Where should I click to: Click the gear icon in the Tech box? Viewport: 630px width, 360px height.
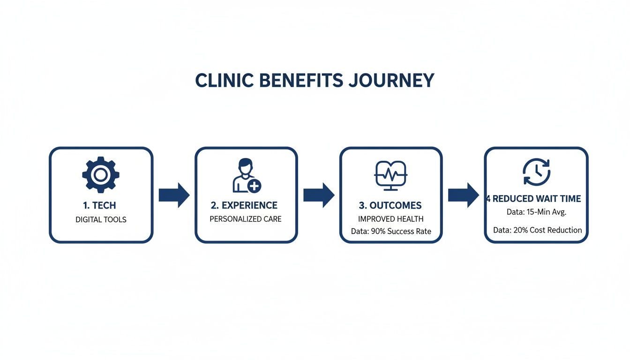101,175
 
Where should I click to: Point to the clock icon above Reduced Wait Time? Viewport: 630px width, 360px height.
536,172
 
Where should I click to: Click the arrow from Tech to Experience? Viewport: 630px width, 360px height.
174,195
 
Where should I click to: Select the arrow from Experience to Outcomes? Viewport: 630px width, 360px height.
319,195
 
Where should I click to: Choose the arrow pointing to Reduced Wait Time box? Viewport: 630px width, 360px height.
464,195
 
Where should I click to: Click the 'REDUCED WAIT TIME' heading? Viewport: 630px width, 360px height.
537,199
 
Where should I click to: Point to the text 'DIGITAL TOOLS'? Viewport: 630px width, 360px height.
101,219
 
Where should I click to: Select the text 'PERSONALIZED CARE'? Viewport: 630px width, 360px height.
246,219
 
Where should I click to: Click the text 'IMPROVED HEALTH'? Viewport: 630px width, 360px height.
391,219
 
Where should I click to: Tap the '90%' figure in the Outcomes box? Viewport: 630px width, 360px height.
378,232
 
